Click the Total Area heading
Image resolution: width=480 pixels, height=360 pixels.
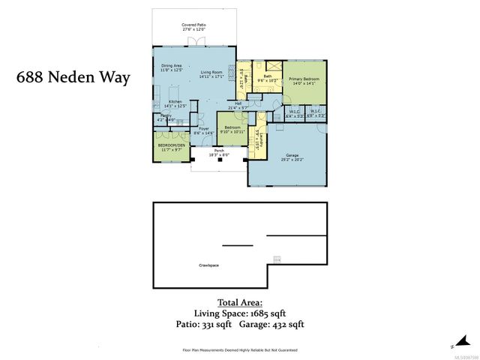pyautogui.click(x=239, y=302)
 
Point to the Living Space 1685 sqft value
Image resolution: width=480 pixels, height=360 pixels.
pyautogui.click(x=239, y=313)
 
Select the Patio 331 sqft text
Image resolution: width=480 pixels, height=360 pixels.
pyautogui.click(x=202, y=325)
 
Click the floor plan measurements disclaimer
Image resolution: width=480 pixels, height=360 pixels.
pyautogui.click(x=240, y=349)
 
